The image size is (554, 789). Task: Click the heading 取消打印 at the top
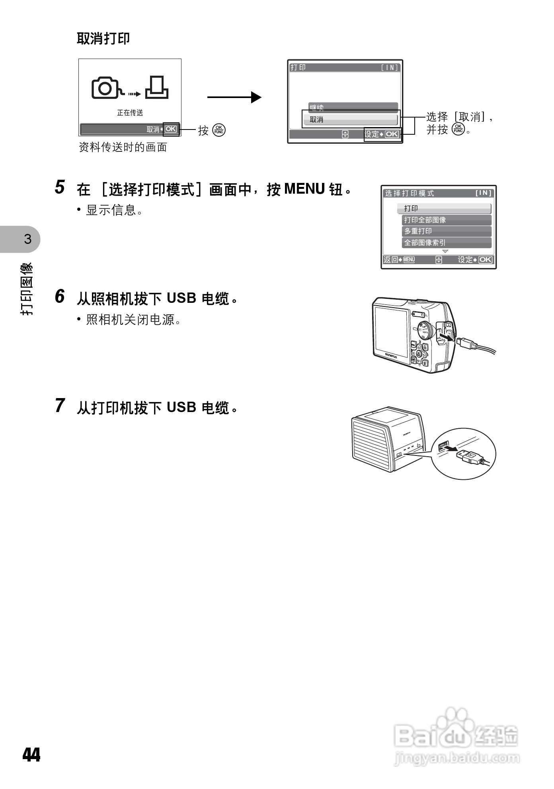tap(103, 39)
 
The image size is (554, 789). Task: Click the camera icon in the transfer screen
tap(105, 88)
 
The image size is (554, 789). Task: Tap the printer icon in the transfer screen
tap(157, 88)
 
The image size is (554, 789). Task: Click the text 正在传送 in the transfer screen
tap(130, 113)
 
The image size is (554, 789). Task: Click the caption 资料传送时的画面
tap(123, 147)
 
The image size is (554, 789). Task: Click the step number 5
tap(60, 187)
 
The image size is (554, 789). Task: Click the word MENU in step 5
tap(304, 189)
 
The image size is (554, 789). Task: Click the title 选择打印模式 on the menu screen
tap(409, 193)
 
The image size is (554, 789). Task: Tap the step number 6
tap(60, 296)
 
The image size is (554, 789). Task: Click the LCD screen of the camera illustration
tap(391, 333)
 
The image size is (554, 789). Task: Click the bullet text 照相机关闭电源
tap(133, 320)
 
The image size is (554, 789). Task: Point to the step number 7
tap(60, 406)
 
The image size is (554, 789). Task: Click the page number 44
tap(31, 755)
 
